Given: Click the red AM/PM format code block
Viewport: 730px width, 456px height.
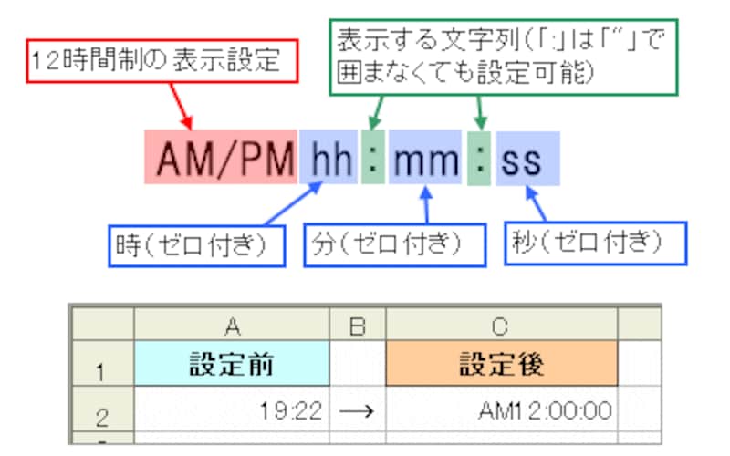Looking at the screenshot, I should [x=221, y=161].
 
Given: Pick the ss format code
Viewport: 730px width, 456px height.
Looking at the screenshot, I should [x=527, y=161].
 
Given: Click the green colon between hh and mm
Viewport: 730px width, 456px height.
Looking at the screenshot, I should [x=372, y=161].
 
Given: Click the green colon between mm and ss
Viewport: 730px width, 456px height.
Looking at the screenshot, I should [x=479, y=161].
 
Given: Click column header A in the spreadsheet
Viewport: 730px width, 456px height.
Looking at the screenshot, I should [x=231, y=325].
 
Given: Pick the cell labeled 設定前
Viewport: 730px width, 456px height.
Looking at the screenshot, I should [x=231, y=364].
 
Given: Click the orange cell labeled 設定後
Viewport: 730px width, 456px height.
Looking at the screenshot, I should [x=501, y=364].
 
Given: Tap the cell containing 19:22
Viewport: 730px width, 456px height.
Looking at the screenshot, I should [x=231, y=409].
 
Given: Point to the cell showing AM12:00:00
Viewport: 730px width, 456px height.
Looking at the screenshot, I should [x=501, y=409].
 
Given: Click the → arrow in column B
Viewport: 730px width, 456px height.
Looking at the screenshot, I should [x=357, y=410].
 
